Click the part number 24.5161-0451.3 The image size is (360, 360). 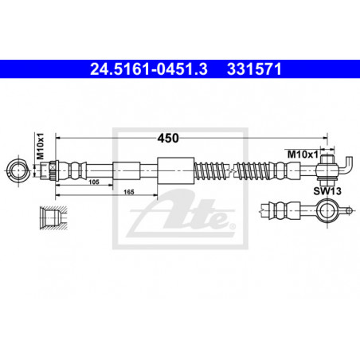click(x=149, y=69)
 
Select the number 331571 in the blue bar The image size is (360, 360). click(x=254, y=69)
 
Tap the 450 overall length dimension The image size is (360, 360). click(x=168, y=139)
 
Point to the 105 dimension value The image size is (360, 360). click(x=94, y=182)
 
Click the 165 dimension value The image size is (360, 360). click(x=129, y=192)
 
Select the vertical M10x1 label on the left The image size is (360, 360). click(x=40, y=147)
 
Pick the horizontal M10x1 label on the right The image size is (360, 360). click(x=303, y=155)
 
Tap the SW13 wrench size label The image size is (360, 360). click(x=327, y=191)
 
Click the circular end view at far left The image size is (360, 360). click(x=18, y=170)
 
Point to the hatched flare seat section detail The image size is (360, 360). click(x=53, y=217)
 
